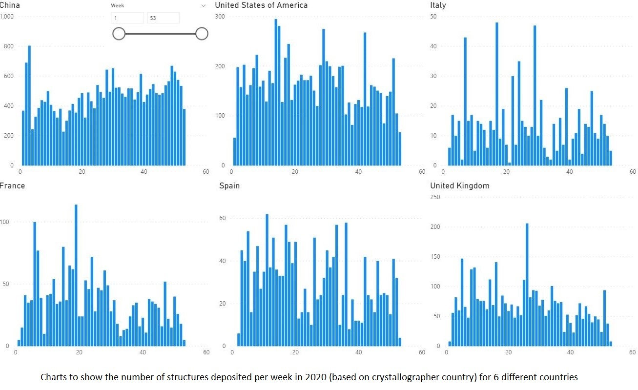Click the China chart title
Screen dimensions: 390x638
point(10,5)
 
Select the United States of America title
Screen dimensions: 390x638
point(261,5)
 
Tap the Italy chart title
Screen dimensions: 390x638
point(438,5)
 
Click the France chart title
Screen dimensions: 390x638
point(12,186)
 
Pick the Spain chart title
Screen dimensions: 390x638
point(229,186)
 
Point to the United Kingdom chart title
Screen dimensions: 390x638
point(459,186)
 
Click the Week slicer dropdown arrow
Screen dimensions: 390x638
point(204,6)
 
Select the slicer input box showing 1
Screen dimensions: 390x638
point(127,18)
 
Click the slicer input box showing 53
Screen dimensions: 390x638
point(163,18)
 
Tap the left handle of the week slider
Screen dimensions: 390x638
point(119,34)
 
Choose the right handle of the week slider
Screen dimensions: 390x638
point(202,34)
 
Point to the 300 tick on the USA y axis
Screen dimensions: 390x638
point(220,17)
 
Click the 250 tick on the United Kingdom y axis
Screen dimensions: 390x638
point(435,197)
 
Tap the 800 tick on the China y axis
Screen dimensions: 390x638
point(8,47)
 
